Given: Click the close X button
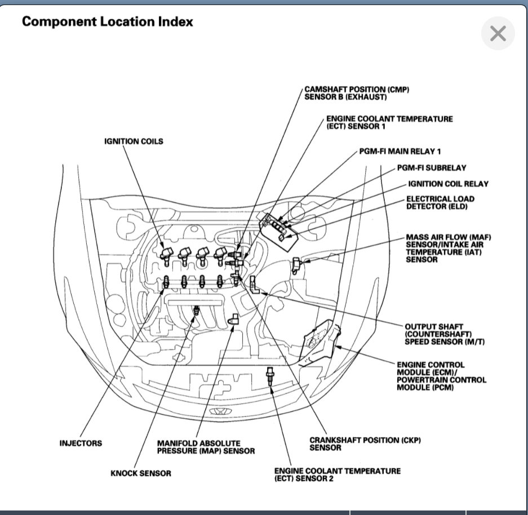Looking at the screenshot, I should [498, 34].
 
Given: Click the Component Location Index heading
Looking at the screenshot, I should [107, 22].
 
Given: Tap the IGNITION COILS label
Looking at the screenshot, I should [134, 141].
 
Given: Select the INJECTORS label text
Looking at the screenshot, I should [81, 443].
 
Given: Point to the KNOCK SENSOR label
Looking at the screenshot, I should [140, 473].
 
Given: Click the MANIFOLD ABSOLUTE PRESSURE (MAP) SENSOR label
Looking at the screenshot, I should [206, 447].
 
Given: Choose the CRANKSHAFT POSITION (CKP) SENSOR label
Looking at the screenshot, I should [365, 443].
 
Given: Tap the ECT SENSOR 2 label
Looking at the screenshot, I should [337, 474].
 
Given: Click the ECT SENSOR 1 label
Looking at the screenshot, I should [389, 123].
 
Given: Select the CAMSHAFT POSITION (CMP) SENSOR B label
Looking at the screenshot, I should [356, 94].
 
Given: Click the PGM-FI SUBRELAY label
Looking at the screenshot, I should [431, 168].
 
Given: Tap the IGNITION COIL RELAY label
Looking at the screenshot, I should [447, 184].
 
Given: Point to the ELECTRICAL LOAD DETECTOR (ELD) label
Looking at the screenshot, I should [440, 202].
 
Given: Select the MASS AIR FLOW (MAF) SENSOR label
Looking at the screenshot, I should [445, 248].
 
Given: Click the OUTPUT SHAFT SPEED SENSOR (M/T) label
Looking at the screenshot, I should [434, 335].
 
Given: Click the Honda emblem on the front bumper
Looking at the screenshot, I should [216, 412].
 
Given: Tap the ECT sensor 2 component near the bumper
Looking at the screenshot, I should [271, 376].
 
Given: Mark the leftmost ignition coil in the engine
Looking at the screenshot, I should [165, 255].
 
